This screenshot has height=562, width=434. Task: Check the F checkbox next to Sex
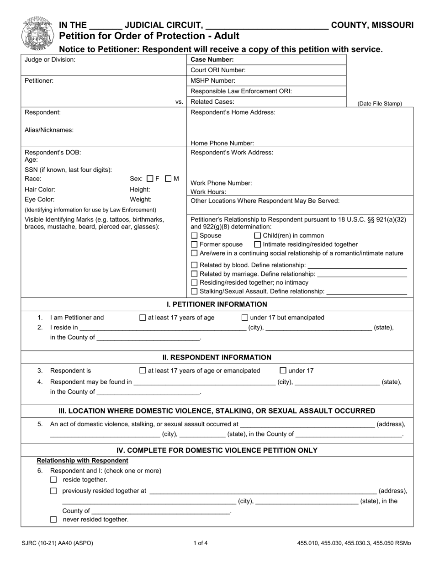(x=150, y=179)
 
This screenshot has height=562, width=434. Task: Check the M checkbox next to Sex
(x=168, y=179)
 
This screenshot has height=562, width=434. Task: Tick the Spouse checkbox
(x=194, y=236)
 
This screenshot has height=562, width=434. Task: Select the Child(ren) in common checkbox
(x=257, y=236)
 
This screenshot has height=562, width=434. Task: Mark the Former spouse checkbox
(x=194, y=244)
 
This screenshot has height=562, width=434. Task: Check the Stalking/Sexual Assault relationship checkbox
(x=194, y=292)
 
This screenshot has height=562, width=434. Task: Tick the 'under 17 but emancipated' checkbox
(x=244, y=318)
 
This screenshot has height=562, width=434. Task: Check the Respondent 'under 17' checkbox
(x=283, y=371)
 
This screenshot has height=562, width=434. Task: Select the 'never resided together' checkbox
(x=53, y=520)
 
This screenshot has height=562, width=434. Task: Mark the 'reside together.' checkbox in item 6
(x=53, y=480)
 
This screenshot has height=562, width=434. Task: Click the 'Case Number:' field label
(x=212, y=59)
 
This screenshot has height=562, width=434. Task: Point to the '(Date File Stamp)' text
(x=379, y=104)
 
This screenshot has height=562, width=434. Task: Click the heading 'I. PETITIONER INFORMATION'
(x=217, y=304)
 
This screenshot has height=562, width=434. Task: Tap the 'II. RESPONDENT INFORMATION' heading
(x=217, y=357)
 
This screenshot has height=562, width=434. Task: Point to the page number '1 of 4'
(x=200, y=543)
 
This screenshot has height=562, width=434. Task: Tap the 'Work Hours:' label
(x=208, y=192)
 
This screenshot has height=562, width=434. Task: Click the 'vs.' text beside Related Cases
(x=179, y=102)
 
